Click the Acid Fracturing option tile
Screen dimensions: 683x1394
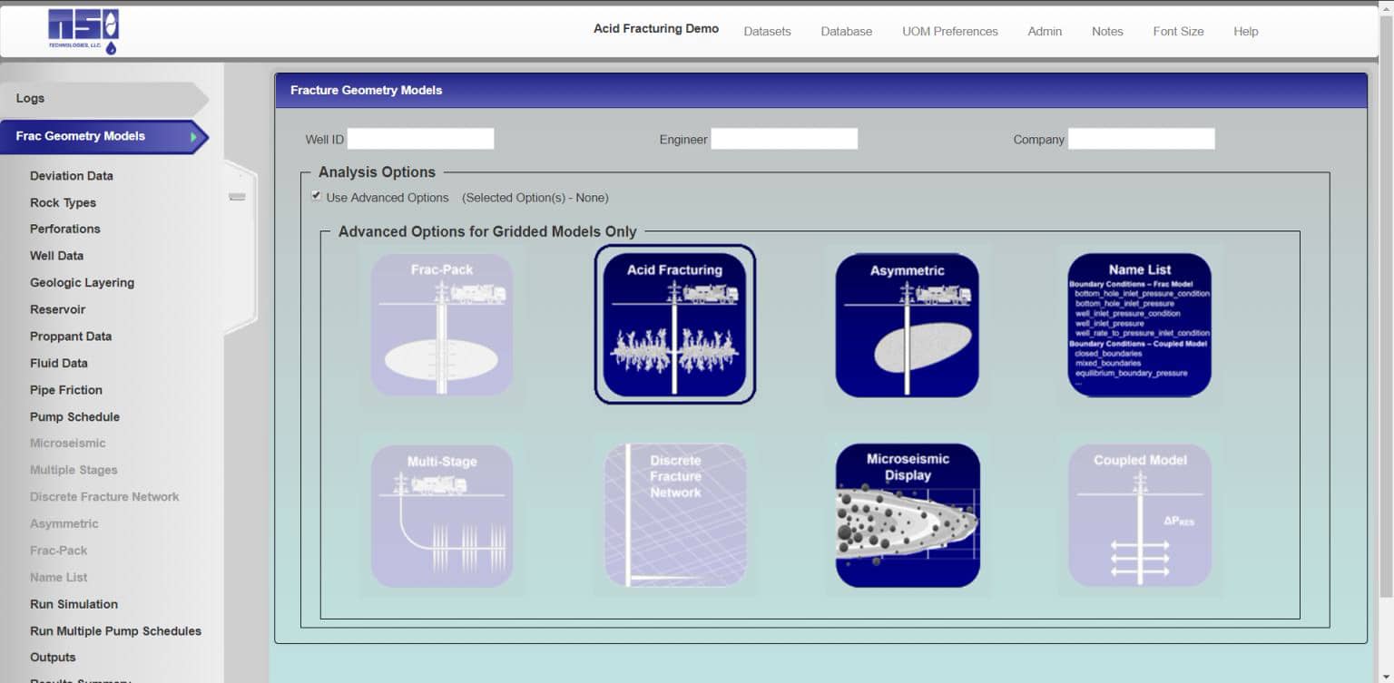click(x=674, y=324)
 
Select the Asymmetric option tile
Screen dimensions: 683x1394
click(x=907, y=325)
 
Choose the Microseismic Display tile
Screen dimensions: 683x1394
click(x=908, y=515)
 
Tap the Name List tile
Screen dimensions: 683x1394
click(x=1139, y=325)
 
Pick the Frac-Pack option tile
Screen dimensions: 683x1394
click(x=441, y=325)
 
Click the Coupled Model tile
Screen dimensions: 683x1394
click(x=1139, y=515)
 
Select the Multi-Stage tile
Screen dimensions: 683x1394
click(x=441, y=515)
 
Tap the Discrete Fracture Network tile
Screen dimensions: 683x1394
click(x=675, y=515)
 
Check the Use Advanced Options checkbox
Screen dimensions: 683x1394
click(x=316, y=196)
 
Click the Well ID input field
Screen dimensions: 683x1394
click(x=420, y=139)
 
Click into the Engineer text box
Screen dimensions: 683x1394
click(x=783, y=139)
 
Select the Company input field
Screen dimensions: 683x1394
click(x=1141, y=139)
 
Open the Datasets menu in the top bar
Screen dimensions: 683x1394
click(x=767, y=32)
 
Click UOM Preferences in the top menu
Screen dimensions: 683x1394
click(x=949, y=32)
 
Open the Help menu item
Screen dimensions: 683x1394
click(x=1245, y=32)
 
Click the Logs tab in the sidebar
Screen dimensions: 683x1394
click(x=31, y=98)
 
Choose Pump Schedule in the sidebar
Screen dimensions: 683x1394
click(x=74, y=417)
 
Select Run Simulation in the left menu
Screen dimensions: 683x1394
click(x=74, y=604)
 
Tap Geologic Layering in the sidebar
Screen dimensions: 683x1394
click(x=82, y=283)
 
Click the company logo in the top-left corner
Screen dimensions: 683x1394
click(x=83, y=31)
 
